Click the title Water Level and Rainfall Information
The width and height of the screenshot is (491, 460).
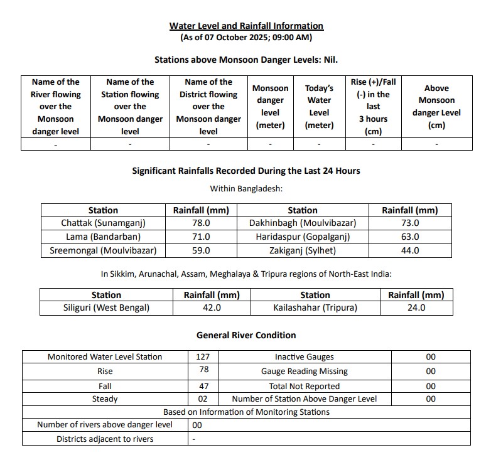(x=246, y=26)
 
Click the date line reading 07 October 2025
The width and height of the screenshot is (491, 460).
(x=246, y=38)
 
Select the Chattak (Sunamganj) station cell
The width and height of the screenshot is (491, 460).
(x=103, y=223)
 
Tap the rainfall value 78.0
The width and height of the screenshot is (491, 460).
(x=200, y=223)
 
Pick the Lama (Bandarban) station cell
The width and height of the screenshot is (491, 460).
(x=103, y=237)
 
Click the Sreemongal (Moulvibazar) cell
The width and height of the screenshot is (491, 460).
(x=103, y=250)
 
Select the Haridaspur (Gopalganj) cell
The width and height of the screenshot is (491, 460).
(x=303, y=237)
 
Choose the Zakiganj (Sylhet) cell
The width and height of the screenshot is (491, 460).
(x=303, y=250)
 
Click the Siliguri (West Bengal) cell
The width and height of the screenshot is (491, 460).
(x=106, y=308)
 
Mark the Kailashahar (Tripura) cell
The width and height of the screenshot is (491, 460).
(x=315, y=308)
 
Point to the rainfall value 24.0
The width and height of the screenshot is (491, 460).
(x=416, y=308)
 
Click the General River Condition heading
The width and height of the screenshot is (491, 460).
(x=246, y=335)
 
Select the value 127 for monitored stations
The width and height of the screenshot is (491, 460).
(x=203, y=356)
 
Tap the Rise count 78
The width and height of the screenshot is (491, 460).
(x=203, y=370)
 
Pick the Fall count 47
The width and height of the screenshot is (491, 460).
(x=203, y=386)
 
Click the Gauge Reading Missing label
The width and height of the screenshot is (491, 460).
(x=304, y=371)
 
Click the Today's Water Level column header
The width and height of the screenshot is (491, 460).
(x=319, y=107)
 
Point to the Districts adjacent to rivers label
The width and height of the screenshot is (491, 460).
(x=105, y=439)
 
